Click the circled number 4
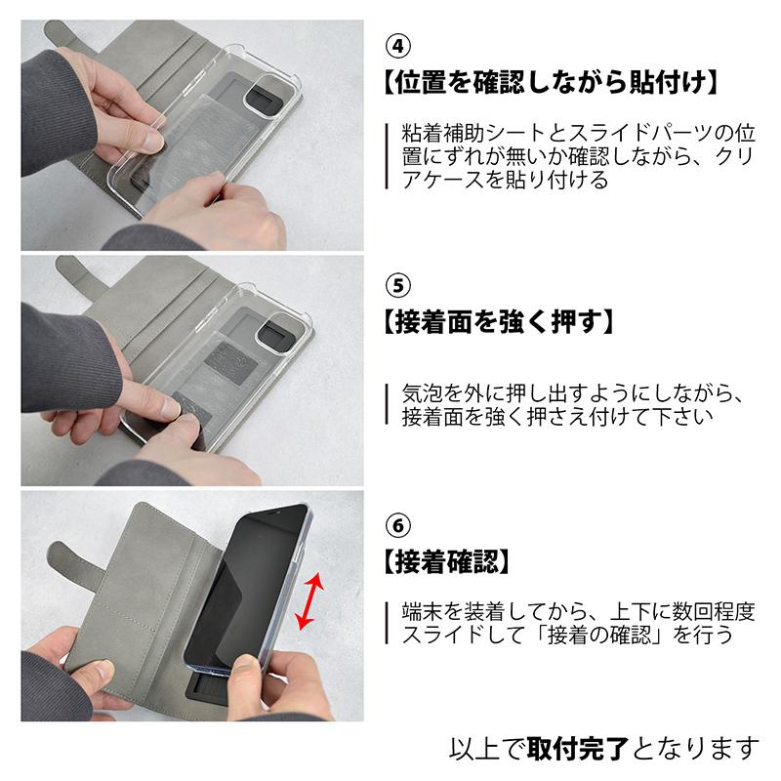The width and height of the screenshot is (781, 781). (x=398, y=45)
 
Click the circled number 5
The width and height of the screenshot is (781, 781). (x=398, y=285)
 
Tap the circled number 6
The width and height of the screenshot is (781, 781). (x=398, y=525)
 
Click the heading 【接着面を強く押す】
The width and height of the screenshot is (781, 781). (x=499, y=322)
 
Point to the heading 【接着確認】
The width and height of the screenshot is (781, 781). (x=447, y=562)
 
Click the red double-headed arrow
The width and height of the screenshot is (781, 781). (x=309, y=601)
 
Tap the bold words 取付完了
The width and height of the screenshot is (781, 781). (x=578, y=749)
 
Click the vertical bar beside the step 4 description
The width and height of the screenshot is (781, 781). (x=387, y=156)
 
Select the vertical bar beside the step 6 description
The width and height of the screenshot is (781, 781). (x=387, y=623)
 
